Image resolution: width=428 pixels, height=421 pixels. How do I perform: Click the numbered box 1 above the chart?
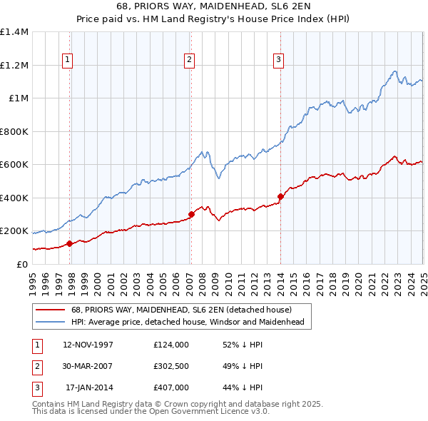(67, 60)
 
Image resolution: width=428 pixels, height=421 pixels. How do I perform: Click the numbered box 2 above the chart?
(190, 60)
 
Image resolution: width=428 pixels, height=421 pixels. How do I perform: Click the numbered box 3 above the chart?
(278, 60)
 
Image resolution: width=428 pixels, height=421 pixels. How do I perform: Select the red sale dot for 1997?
(70, 243)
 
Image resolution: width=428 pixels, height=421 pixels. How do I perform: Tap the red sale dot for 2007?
(191, 214)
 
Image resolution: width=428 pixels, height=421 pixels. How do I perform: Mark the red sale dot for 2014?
(280, 197)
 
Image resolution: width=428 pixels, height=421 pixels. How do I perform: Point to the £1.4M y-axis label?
(14, 32)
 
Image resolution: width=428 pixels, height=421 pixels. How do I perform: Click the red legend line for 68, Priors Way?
(49, 310)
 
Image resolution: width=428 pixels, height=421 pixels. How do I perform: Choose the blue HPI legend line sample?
(49, 323)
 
